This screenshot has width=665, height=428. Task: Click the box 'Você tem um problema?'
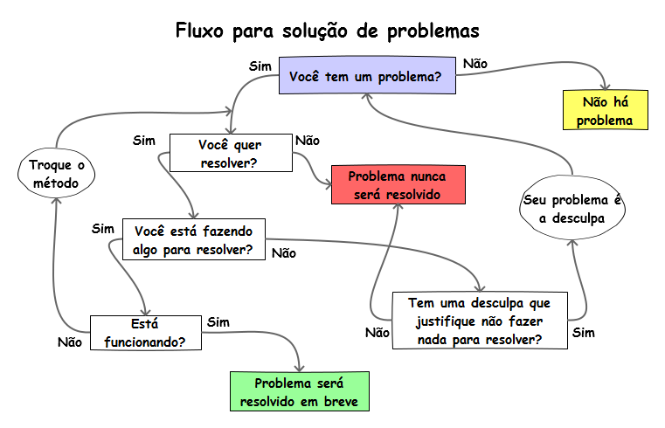coord(365,77)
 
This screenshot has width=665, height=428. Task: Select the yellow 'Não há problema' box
coord(604,111)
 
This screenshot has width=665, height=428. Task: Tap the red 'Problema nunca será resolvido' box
coord(398,184)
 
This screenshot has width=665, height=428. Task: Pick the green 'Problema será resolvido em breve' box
coord(299,392)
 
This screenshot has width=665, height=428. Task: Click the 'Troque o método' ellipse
coord(54,174)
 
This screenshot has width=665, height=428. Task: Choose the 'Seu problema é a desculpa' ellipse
coord(572,209)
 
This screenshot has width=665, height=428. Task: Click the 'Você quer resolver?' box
coord(230,153)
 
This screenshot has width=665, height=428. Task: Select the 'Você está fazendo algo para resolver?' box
coord(193,240)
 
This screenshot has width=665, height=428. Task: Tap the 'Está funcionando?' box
coord(145,331)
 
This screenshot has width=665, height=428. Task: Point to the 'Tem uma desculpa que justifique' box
coord(480,321)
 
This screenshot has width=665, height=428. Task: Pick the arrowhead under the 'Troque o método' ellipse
coord(54,197)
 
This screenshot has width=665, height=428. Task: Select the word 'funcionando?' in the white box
coord(145,341)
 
